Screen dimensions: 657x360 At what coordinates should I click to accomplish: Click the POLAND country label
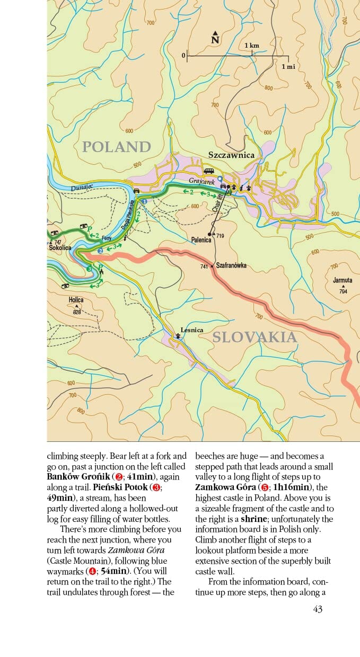coord(117,147)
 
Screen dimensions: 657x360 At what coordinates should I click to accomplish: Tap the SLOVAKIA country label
coord(254,337)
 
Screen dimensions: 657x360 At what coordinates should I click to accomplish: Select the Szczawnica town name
coord(231,155)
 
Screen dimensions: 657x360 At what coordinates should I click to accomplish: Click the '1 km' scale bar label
coord(252,46)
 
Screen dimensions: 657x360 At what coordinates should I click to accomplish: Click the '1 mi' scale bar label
coord(288,66)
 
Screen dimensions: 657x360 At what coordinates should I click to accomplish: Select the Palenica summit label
coord(201,240)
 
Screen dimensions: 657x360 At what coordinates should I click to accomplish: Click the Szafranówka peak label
coord(231,266)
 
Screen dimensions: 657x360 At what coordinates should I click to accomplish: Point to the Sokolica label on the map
coord(59,247)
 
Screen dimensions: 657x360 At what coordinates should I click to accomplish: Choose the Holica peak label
coord(76,300)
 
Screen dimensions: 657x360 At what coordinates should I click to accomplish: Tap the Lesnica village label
coord(191,330)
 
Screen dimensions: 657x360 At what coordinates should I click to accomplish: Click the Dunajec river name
coord(82,188)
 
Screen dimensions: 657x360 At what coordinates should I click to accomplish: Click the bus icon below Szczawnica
coord(209,171)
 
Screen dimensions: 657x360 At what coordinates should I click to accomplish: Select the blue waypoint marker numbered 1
coord(145,201)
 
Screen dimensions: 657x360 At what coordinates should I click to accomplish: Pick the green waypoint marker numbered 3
coord(89,270)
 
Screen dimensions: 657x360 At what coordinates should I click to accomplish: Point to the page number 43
coord(318,609)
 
